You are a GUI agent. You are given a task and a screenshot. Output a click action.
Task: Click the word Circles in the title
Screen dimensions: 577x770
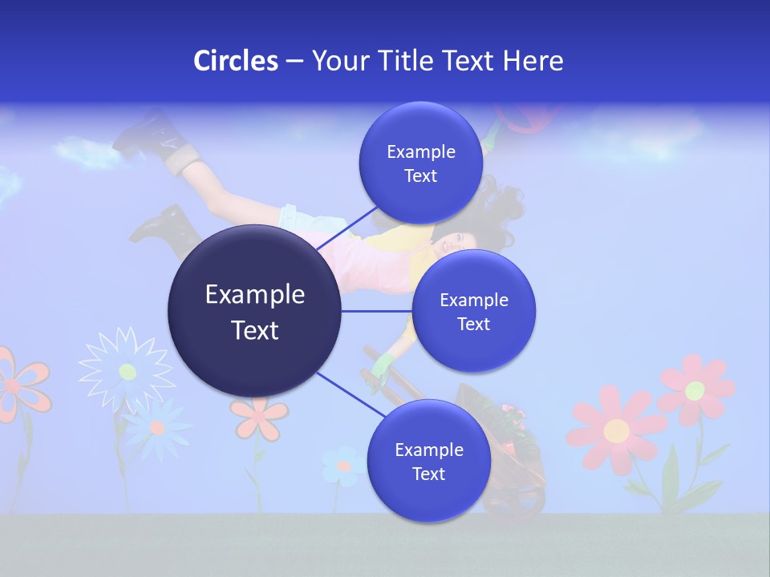coord(236,61)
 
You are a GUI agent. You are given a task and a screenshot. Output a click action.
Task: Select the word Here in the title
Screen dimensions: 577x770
coord(533,61)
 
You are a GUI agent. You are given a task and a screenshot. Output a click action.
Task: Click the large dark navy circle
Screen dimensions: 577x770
coord(254,312)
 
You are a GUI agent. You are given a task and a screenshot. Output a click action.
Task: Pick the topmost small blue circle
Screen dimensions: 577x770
coord(420,163)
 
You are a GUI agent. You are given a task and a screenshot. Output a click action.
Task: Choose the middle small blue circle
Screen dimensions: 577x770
coord(473,311)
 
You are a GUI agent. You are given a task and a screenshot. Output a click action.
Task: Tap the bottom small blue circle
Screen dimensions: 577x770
coord(428,461)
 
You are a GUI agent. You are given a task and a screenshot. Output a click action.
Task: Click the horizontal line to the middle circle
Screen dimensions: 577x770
coord(376,311)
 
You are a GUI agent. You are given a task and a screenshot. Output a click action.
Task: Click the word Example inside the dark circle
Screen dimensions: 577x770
coord(255,295)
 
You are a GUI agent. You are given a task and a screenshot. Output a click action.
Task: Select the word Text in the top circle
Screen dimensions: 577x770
coord(420,176)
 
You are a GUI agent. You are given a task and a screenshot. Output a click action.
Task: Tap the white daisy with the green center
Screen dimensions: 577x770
coord(127,370)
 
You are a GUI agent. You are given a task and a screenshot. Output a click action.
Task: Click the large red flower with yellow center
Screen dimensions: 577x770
coord(616,430)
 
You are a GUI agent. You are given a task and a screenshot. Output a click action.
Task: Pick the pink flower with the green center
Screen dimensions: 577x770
coord(695,390)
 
